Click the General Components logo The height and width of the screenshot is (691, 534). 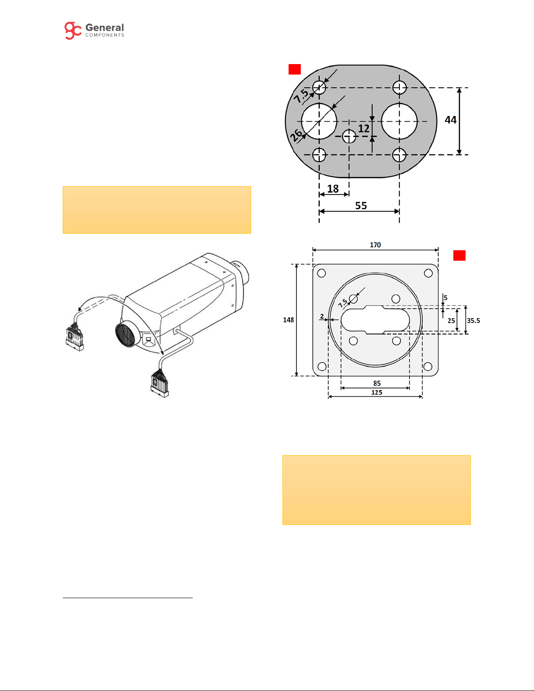[94, 31]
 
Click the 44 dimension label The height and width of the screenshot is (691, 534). [450, 120]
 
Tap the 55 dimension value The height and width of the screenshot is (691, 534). [361, 206]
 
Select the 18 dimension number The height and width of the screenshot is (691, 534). [333, 189]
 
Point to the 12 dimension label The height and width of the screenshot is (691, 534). [364, 129]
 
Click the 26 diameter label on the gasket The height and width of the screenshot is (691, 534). [296, 135]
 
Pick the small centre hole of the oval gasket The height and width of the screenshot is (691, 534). [349, 136]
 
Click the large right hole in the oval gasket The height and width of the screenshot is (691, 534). [399, 121]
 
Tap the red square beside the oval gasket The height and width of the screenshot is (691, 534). [295, 69]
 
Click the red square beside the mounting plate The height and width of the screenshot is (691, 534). [459, 255]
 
